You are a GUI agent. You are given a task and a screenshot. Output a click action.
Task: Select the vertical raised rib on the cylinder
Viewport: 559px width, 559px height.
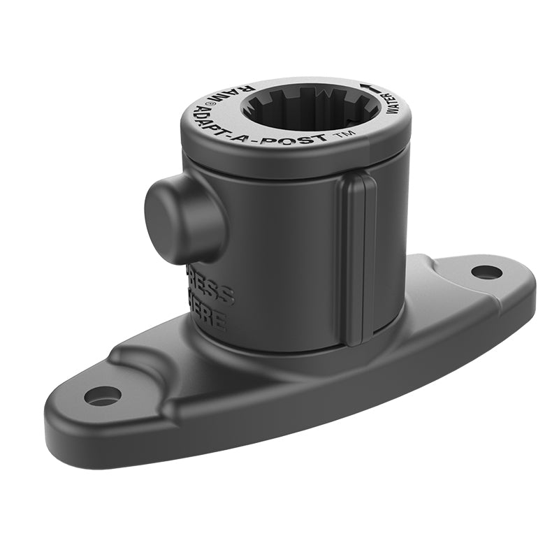pyautogui.click(x=358, y=259)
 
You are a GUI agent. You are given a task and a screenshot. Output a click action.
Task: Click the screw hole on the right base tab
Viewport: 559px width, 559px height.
pyautogui.click(x=486, y=272)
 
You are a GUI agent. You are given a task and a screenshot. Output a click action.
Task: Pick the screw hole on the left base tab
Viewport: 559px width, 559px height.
pyautogui.click(x=102, y=395)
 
